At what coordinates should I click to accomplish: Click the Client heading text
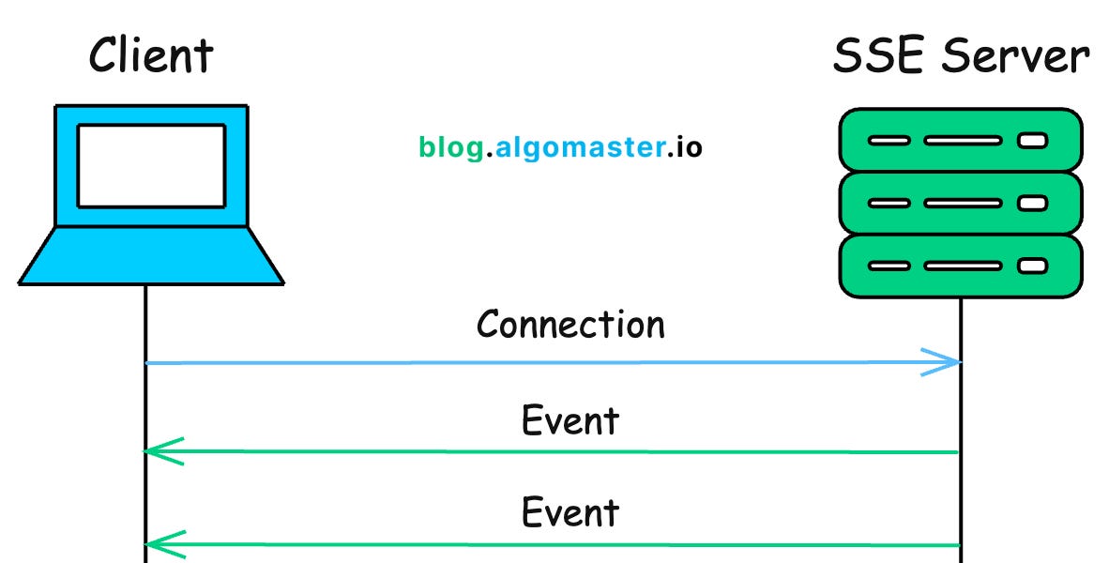tap(150, 55)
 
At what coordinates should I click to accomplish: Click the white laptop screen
tap(151, 166)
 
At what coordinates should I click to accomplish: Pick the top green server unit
tap(960, 141)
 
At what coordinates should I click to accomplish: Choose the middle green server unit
tap(960, 203)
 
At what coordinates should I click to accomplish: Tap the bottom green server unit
tap(960, 266)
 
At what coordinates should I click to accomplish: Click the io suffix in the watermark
tap(689, 147)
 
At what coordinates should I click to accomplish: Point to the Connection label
tap(570, 325)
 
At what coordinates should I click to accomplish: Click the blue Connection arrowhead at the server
tap(948, 362)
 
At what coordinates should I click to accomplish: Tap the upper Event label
tap(570, 420)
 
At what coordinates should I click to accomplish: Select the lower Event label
tap(570, 512)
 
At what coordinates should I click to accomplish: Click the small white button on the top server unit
tap(1032, 141)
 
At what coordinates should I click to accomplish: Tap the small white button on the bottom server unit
tap(1032, 266)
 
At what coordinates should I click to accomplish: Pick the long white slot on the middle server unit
tap(962, 203)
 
